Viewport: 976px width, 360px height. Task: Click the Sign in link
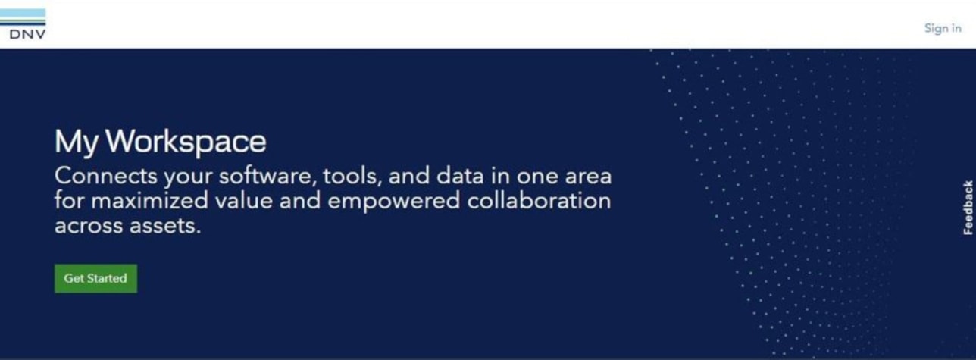coord(943,28)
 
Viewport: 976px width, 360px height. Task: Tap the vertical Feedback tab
coord(968,208)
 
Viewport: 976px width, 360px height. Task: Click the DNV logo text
coord(27,34)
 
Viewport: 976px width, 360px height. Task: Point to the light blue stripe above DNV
coord(23,14)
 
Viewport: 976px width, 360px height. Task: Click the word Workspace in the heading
coord(186,142)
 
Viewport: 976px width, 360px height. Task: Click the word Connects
coord(106,176)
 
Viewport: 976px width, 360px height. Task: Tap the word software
coord(267,176)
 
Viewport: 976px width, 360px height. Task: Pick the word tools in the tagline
coord(352,176)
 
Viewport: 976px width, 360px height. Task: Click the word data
coord(460,176)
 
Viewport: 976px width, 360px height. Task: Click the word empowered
coord(394,202)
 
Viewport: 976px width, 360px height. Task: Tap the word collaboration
coord(539,201)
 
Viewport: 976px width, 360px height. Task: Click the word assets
coord(165,226)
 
